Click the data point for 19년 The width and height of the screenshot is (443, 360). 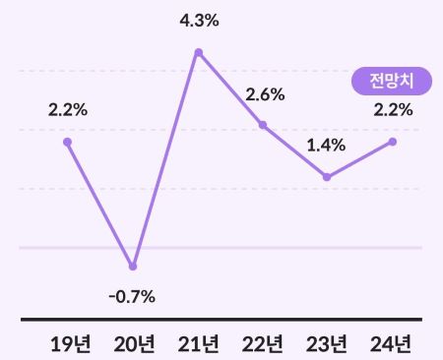tap(68, 142)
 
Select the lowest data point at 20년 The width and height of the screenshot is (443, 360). tap(133, 267)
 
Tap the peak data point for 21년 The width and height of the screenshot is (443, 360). tap(198, 52)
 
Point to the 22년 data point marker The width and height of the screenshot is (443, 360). tap(263, 125)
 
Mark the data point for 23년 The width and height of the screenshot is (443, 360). tap(327, 177)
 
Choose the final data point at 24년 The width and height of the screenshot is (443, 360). tap(392, 142)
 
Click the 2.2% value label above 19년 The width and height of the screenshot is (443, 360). tap(68, 109)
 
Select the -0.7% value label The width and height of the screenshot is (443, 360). tap(133, 296)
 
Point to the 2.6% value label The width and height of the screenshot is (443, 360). tap(265, 94)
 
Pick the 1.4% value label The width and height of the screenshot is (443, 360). tap(326, 146)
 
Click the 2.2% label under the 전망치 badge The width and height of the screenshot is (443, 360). tap(393, 109)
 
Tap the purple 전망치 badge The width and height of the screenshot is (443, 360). tap(392, 81)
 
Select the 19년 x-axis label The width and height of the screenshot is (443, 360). tap(69, 343)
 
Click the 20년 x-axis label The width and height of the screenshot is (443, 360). tap(134, 343)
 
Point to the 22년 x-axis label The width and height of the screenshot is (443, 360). tap(263, 343)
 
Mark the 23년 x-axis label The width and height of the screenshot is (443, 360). tap(327, 343)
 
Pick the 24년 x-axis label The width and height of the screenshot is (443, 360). tap(392, 343)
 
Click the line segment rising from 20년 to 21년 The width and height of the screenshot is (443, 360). tap(165, 159)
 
